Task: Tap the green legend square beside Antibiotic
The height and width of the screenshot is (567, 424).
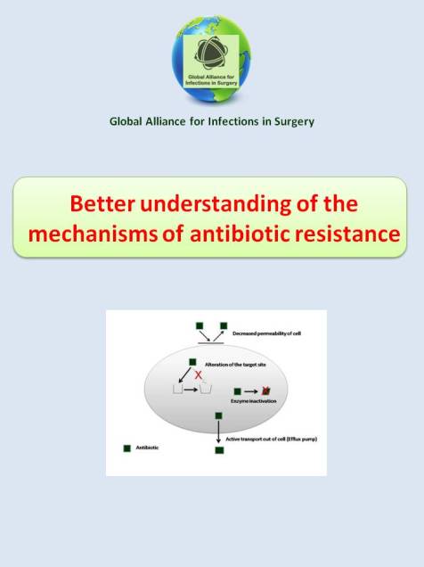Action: [x=126, y=447]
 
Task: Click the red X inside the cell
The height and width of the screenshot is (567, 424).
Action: [x=199, y=377]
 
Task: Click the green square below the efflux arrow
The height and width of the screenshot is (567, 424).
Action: [x=219, y=450]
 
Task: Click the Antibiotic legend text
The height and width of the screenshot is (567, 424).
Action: [x=148, y=447]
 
